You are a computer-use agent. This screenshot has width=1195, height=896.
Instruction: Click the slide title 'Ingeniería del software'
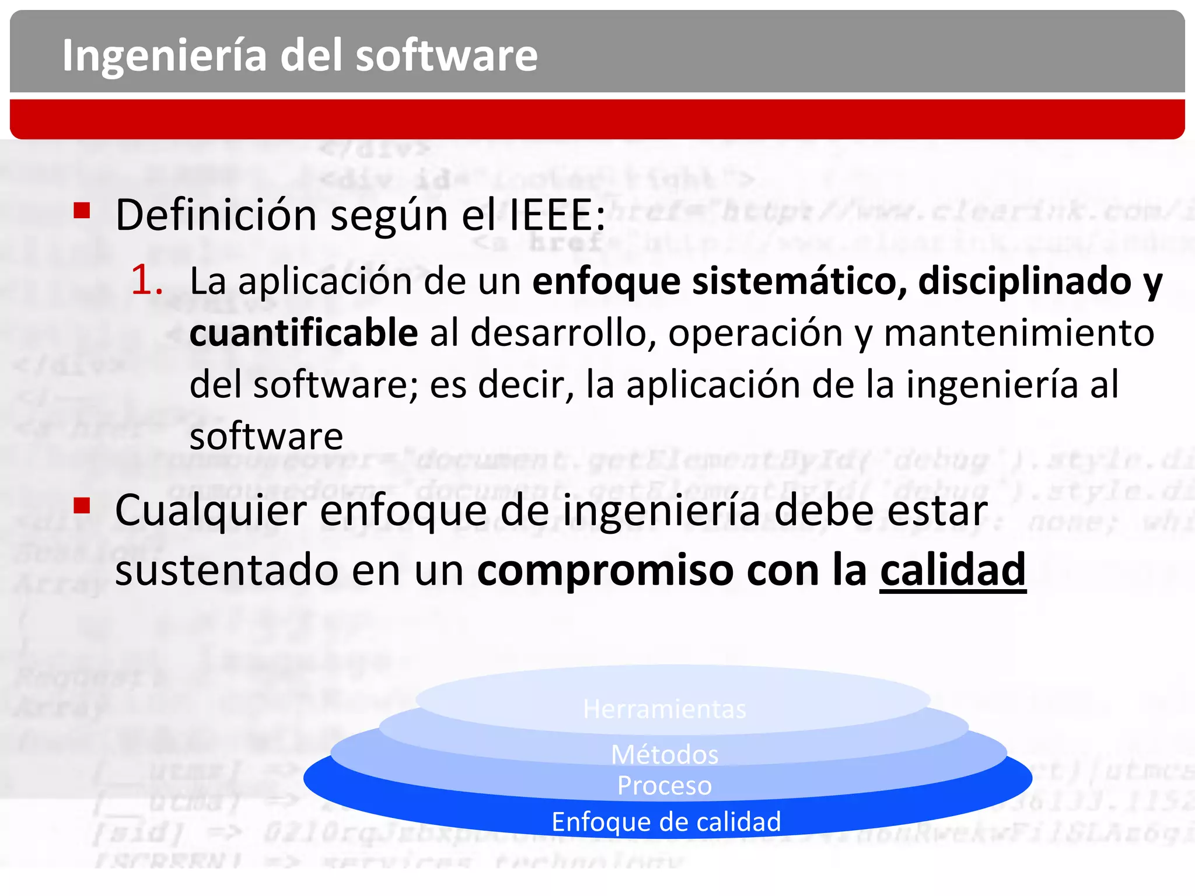(300, 55)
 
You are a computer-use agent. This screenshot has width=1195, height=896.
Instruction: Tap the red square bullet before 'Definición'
(82, 210)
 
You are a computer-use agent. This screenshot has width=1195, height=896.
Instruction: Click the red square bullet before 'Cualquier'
(82, 505)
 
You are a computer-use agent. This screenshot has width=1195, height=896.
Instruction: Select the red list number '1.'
(146, 280)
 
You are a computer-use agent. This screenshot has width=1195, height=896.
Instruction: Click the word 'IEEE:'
(557, 215)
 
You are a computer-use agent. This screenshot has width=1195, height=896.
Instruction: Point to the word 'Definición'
(216, 215)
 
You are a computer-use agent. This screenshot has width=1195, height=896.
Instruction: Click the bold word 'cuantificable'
(303, 332)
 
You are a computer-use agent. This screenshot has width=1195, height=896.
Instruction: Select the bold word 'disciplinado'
(1025, 281)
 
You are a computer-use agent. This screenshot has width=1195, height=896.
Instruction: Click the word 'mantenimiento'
(1019, 332)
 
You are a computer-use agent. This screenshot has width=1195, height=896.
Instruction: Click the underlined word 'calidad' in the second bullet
(952, 570)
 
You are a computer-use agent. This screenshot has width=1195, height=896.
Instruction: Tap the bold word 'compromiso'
(605, 570)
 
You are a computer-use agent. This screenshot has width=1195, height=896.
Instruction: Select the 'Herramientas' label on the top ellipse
(665, 709)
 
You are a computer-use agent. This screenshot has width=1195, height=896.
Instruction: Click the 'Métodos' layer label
(665, 755)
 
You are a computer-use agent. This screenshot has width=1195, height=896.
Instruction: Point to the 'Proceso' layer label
(665, 786)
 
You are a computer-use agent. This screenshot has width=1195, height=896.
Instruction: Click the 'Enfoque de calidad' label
(666, 822)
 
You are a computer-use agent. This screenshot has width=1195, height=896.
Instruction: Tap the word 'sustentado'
(226, 570)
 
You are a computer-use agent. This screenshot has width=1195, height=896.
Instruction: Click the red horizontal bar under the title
(597, 119)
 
